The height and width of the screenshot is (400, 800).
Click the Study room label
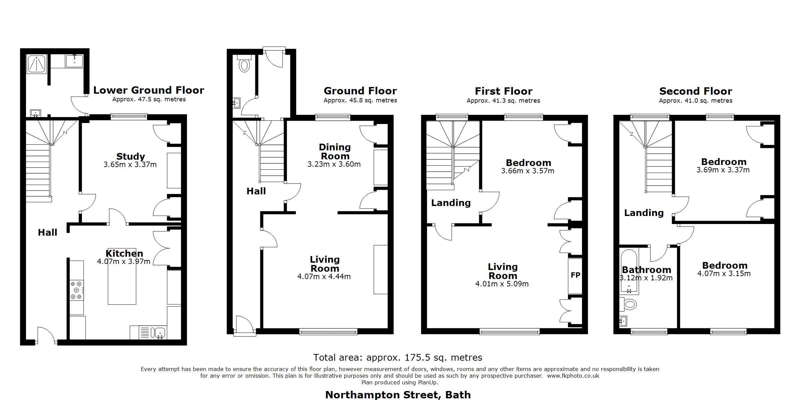pyautogui.click(x=130, y=156)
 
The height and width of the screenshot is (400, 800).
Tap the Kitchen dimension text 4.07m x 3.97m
pyautogui.click(x=124, y=262)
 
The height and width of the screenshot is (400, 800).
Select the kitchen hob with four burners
pyautogui.click(x=76, y=290)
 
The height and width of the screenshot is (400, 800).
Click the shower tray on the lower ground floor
pyautogui.click(x=37, y=64)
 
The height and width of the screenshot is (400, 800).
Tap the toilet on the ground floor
pyautogui.click(x=245, y=65)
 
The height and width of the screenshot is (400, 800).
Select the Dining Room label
pyautogui.click(x=335, y=152)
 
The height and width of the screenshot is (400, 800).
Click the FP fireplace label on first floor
pyautogui.click(x=575, y=275)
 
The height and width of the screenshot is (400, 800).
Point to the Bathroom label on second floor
pyautogui.click(x=646, y=270)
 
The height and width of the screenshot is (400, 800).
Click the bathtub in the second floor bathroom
pyautogui.click(x=629, y=272)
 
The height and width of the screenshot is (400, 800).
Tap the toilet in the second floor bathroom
pyautogui.click(x=629, y=304)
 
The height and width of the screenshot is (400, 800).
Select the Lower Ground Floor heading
pyautogui.click(x=149, y=90)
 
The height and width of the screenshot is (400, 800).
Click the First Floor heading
pyautogui.click(x=503, y=91)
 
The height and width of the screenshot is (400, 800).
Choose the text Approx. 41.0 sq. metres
pyautogui.click(x=696, y=101)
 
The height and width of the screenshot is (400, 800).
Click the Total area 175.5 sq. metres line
pyautogui.click(x=398, y=358)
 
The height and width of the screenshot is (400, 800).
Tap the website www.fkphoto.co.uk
pyautogui.click(x=573, y=376)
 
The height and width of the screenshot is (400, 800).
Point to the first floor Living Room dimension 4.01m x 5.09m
pyautogui.click(x=502, y=284)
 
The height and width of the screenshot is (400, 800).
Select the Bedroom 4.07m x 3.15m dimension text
pyautogui.click(x=724, y=274)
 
